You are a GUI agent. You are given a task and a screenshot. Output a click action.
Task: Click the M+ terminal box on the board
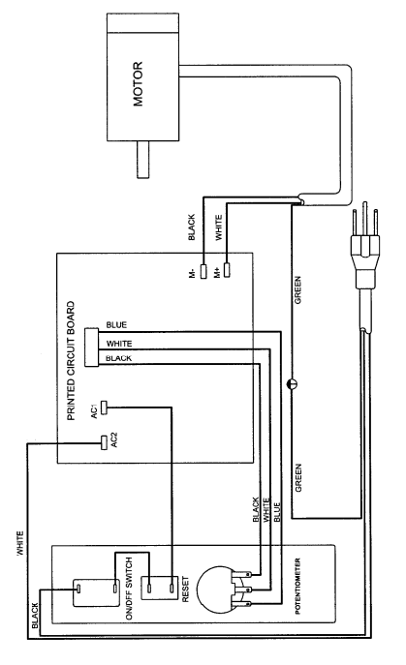[x=227, y=263]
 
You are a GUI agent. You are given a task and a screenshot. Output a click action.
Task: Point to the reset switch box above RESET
[x=158, y=589]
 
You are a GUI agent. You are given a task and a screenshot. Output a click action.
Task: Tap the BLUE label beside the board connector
[x=114, y=324]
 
